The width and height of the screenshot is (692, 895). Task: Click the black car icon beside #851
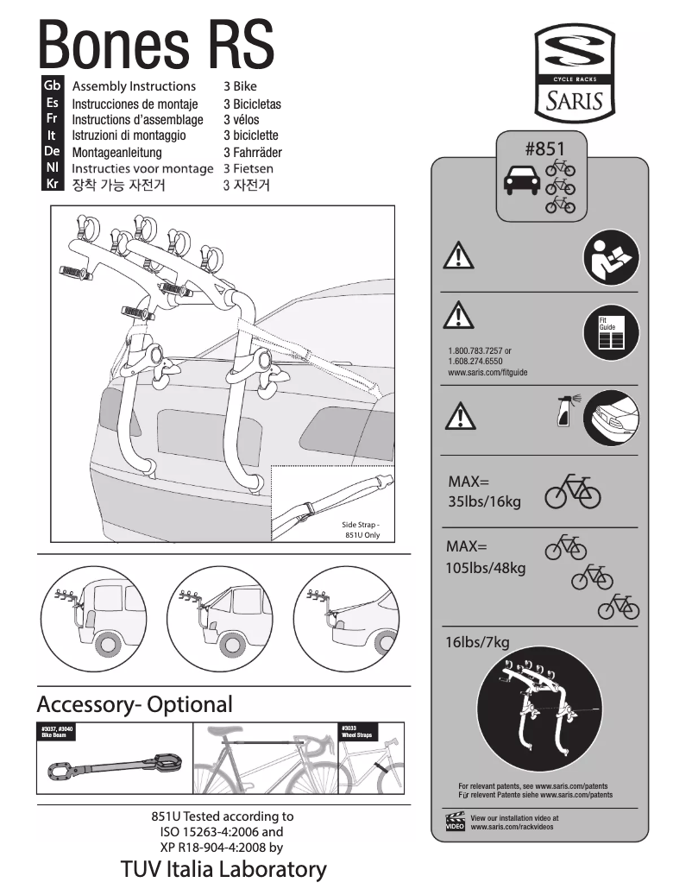click(520, 182)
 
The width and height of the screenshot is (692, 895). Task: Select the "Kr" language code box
click(52, 184)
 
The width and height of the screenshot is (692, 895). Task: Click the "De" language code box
click(52, 151)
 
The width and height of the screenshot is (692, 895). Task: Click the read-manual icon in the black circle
click(611, 260)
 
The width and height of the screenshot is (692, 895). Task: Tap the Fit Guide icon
click(611, 332)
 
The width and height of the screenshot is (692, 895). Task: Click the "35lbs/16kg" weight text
click(484, 501)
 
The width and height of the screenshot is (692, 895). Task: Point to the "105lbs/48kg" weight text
click(486, 568)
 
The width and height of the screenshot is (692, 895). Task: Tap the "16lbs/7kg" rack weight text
click(477, 641)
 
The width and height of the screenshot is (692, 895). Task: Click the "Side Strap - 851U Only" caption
click(361, 529)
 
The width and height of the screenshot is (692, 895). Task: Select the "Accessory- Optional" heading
click(136, 704)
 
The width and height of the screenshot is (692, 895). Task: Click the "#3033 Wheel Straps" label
click(357, 732)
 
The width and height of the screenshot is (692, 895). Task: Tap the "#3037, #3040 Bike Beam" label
click(56, 732)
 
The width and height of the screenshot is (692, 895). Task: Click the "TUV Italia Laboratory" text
click(224, 869)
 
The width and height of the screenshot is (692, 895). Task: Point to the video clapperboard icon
click(455, 822)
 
